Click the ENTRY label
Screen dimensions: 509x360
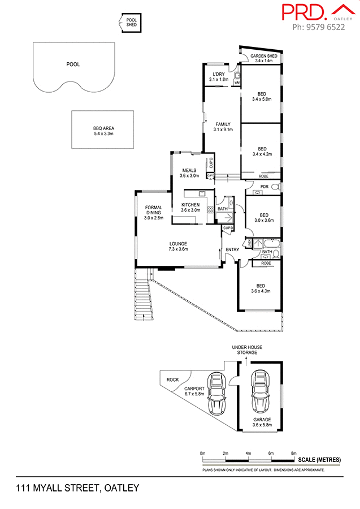(x=232, y=249)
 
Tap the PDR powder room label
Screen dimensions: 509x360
(x=264, y=187)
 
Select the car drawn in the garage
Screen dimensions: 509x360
(x=261, y=392)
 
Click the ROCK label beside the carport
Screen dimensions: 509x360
(x=171, y=379)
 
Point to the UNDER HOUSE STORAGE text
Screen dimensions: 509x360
(x=247, y=350)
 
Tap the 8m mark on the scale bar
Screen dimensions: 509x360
(x=294, y=454)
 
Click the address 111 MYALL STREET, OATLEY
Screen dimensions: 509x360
(x=77, y=488)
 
